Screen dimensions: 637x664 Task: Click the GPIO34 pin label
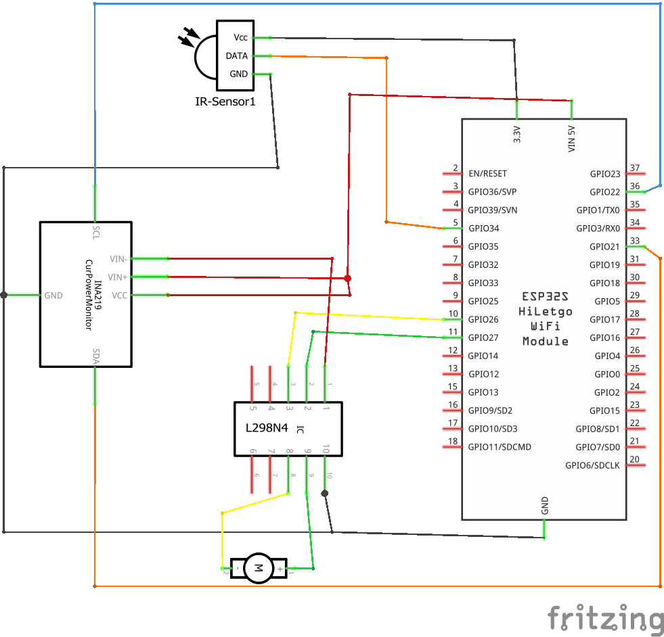[x=483, y=229]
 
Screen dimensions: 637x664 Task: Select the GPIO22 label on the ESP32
[x=604, y=192]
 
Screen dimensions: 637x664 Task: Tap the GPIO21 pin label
[x=604, y=247]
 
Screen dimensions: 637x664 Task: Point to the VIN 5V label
[x=572, y=137]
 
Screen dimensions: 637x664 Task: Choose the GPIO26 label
[x=483, y=320]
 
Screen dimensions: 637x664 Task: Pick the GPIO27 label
[x=483, y=338]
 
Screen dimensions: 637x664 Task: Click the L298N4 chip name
[x=267, y=428]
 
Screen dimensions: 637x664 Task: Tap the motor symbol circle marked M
[x=257, y=568]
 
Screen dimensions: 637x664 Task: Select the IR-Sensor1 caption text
[x=225, y=102]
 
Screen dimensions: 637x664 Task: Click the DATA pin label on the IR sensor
[x=237, y=56]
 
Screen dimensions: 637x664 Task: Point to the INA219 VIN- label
[x=118, y=258]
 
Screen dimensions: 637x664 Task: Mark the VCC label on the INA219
[x=119, y=296]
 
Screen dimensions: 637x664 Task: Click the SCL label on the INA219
[x=95, y=233]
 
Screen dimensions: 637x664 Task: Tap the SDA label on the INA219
[x=95, y=356]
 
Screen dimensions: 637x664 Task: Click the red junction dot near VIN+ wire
[x=348, y=278]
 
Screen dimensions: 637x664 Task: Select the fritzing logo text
[x=605, y=619]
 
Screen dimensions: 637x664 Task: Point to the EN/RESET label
[x=487, y=174]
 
